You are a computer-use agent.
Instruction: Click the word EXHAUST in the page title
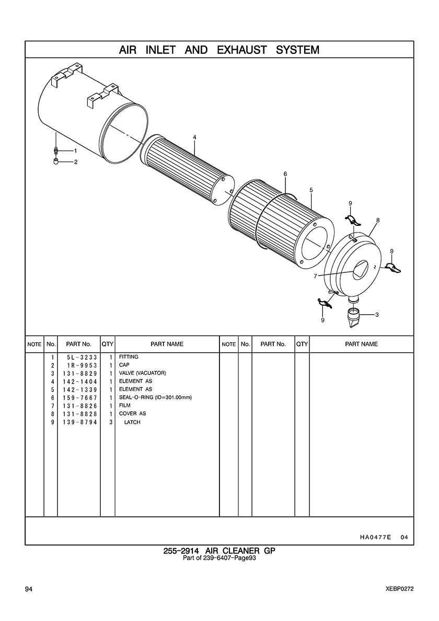(242, 50)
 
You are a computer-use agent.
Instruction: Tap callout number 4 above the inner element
(194, 137)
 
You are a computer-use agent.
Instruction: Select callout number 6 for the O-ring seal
(285, 174)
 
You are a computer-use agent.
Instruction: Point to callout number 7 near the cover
(315, 276)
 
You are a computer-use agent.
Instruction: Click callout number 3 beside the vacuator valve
(376, 315)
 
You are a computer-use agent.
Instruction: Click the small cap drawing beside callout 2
(56, 161)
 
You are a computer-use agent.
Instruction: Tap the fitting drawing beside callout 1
(56, 151)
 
